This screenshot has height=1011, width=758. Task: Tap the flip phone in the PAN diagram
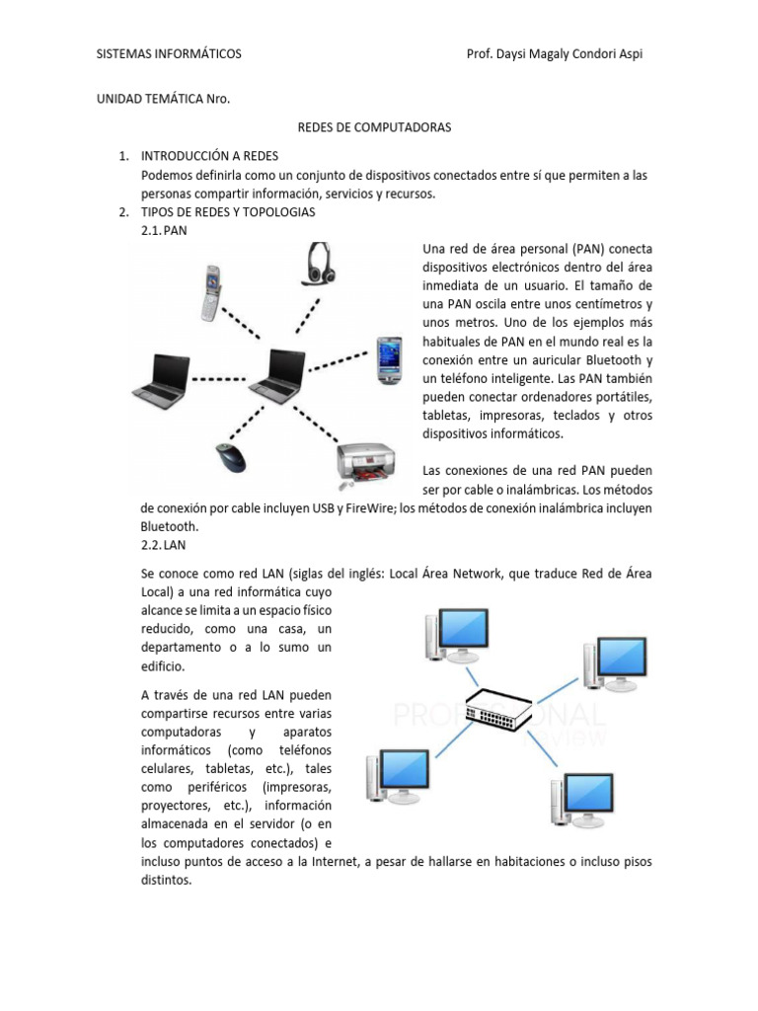(211, 293)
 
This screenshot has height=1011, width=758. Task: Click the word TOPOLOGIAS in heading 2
(277, 212)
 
